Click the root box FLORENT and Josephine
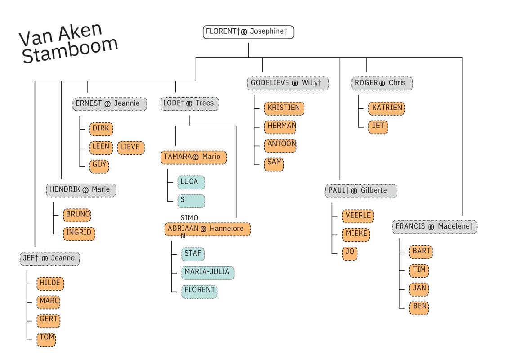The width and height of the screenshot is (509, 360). [x=248, y=32]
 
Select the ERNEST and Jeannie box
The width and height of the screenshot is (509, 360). [x=110, y=103]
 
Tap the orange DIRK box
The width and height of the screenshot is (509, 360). [x=101, y=129]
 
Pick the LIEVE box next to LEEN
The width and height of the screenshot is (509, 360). [x=131, y=148]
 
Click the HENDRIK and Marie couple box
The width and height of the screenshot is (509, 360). [x=81, y=190]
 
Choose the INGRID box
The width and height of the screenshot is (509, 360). [x=79, y=233]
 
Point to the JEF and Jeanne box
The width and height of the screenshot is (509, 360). [x=49, y=258]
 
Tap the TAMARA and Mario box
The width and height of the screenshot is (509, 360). [x=193, y=157]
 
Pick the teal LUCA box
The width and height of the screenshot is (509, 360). [x=191, y=182]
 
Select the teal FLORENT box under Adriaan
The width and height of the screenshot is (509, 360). [x=200, y=291]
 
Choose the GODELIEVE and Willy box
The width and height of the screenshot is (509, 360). [x=288, y=83]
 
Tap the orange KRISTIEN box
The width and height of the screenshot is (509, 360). [x=284, y=108]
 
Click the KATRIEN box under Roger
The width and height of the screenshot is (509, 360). [x=386, y=108]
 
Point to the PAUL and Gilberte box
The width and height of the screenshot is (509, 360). [x=361, y=191]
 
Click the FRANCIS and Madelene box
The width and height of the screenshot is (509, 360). [x=435, y=227]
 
